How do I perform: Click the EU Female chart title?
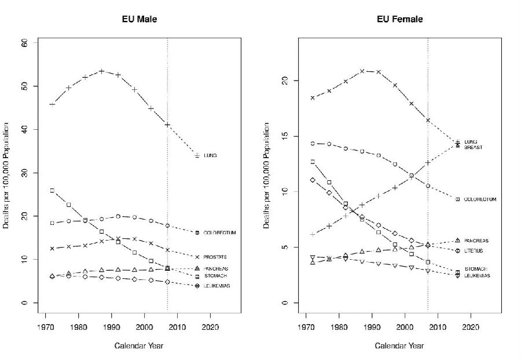(399, 19)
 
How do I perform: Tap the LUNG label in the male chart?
(210, 155)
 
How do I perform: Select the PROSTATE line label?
(215, 257)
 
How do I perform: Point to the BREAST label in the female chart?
(474, 147)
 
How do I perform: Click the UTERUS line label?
(474, 251)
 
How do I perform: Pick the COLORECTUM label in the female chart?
(480, 199)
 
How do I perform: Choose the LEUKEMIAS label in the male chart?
(217, 286)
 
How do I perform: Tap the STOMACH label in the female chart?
(475, 269)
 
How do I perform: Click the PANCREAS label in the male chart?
(215, 268)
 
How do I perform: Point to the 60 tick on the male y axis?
(24, 43)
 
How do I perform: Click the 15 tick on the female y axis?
(284, 136)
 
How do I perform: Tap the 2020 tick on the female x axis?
(471, 326)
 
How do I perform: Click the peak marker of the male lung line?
(102, 71)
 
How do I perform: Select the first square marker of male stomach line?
(52, 190)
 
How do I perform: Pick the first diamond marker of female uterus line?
(313, 180)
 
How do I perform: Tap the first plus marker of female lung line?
(313, 234)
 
